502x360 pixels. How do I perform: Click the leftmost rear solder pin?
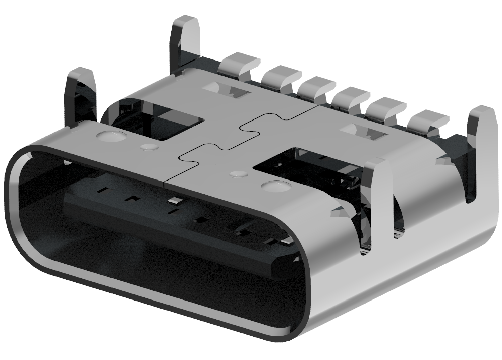pyautogui.click(x=240, y=64)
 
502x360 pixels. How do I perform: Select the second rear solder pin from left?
pyautogui.click(x=281, y=76)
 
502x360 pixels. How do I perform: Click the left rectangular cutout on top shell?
pyautogui.click(x=156, y=121)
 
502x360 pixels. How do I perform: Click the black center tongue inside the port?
pyautogui.click(x=166, y=222)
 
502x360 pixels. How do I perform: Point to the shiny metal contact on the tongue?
pyautogui.click(x=175, y=201)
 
